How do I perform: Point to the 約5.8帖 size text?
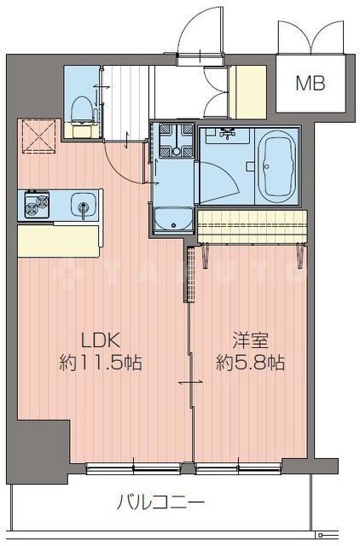coord(250,363)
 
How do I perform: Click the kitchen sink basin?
coord(83,206)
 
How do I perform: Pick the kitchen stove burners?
coord(38,206)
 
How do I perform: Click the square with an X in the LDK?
coord(38,136)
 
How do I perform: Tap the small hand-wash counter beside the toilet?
coord(83,131)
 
